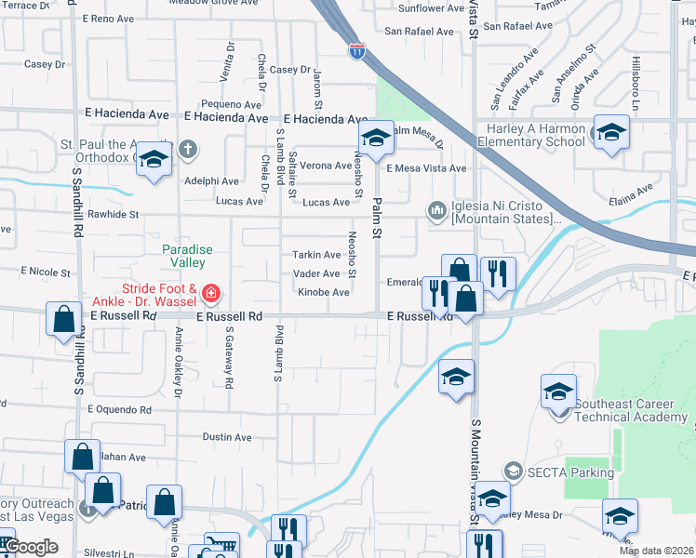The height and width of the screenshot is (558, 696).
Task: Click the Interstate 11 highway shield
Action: (357, 50)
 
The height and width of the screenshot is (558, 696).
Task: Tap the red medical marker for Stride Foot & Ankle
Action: (211, 295)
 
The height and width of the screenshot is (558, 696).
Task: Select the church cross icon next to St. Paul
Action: (187, 149)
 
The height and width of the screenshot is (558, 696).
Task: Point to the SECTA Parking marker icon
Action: (512, 472)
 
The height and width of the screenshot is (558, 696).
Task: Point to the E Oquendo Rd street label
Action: (119, 409)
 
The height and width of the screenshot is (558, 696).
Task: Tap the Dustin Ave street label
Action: (227, 437)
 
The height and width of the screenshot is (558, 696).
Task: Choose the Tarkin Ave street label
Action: (317, 255)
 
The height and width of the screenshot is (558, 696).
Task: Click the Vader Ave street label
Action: (317, 273)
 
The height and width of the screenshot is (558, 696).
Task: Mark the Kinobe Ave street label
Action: (324, 293)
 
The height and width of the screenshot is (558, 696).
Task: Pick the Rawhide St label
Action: (114, 214)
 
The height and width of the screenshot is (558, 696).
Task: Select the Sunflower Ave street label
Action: (430, 8)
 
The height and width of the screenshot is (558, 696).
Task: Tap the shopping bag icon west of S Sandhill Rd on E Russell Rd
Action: (61, 319)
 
